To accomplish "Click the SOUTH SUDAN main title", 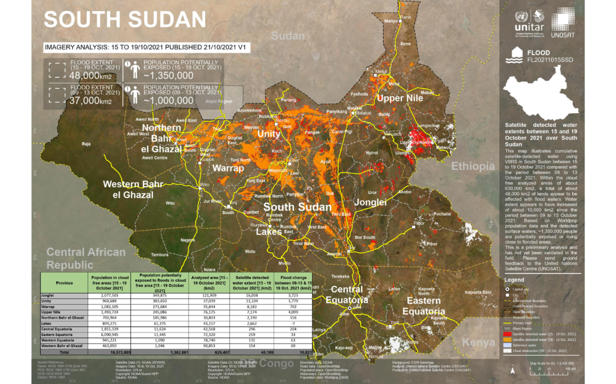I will pos(125,19).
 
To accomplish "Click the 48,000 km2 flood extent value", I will pos(91,75).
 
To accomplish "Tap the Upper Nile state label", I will pos(400,98).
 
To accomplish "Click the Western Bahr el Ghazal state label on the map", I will pos(133,189).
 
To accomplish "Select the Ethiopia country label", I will pos(473,166).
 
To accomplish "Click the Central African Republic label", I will pos(86,258).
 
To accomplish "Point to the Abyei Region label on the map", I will pos(218,102).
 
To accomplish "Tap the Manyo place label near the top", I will pos(391,21).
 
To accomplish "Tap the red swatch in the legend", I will pos(506,334).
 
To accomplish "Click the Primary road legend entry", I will pos(524,322).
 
